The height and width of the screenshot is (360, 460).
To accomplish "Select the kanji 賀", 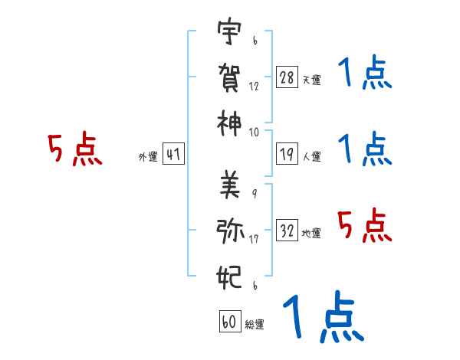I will click(x=229, y=77).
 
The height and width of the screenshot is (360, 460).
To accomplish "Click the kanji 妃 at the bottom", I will click(x=229, y=275).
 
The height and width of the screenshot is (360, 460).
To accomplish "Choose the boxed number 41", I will click(x=173, y=155).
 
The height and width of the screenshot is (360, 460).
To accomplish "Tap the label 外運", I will click(x=147, y=157).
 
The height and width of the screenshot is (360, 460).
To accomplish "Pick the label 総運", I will click(x=254, y=324).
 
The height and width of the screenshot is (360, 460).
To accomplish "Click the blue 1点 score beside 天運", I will click(x=365, y=74).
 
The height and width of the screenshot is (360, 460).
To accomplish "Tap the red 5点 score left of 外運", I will click(x=75, y=150).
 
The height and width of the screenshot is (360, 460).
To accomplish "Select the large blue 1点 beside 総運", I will click(x=323, y=316).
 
